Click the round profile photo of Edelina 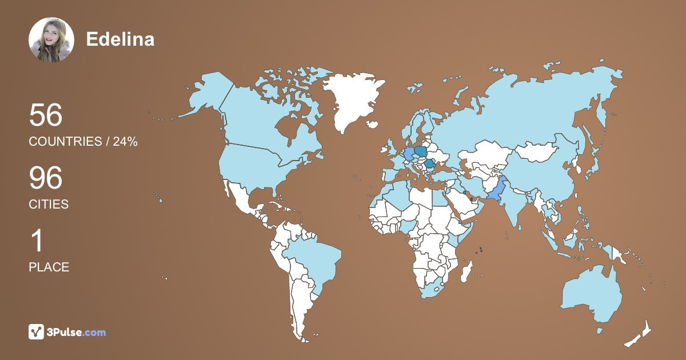[x=51, y=40]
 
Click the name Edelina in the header [x=120, y=39]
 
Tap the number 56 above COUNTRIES [x=46, y=115]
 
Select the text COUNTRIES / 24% [x=83, y=142]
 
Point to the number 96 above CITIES [x=46, y=178]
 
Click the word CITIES [x=49, y=205]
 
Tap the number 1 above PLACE [x=37, y=241]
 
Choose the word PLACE [x=49, y=267]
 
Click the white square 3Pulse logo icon [x=37, y=332]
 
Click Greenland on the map [x=352, y=100]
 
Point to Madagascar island [x=467, y=271]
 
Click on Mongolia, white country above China [x=540, y=151]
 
